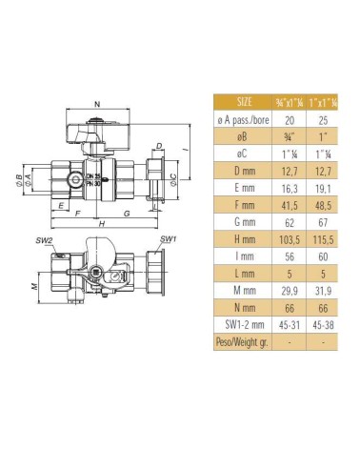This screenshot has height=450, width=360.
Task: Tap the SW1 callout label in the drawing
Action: click(x=168, y=238)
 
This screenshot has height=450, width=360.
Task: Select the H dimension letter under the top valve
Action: click(x=99, y=224)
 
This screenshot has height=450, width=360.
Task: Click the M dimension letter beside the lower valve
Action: click(x=34, y=286)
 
